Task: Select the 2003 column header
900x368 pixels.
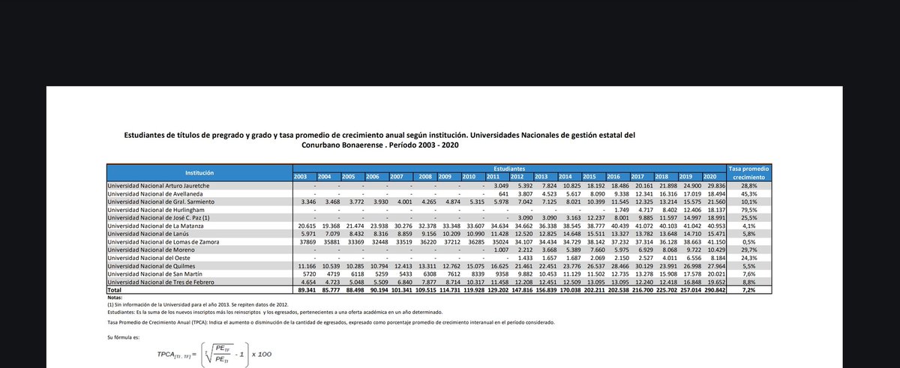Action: tap(301, 176)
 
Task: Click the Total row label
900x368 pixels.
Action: tap(115, 289)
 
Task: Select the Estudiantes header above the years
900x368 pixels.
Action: tap(510, 169)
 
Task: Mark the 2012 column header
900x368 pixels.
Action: tap(517, 176)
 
